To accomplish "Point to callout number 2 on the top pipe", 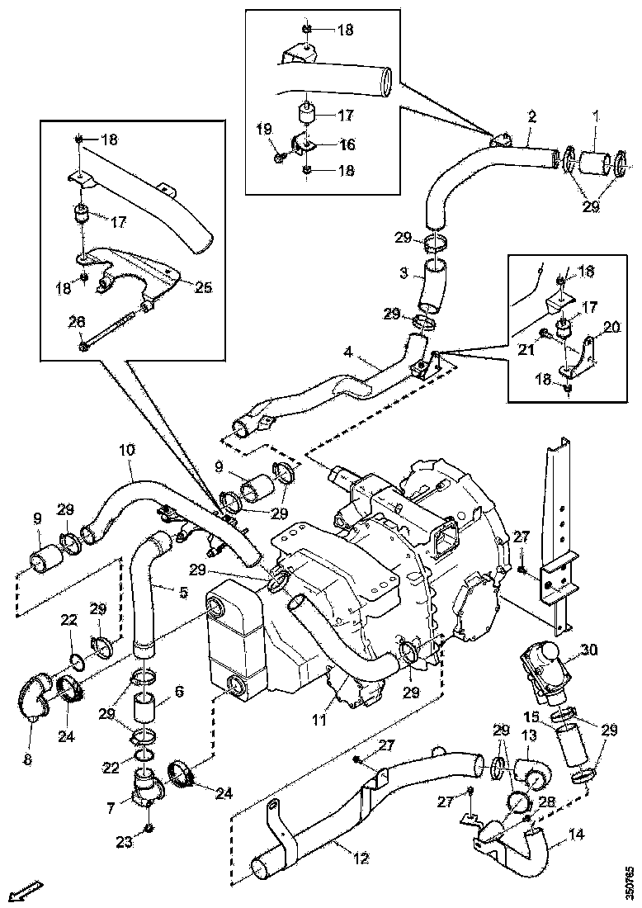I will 532,116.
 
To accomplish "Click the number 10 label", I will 126,452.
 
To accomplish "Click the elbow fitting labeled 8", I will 34,704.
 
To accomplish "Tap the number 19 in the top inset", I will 263,130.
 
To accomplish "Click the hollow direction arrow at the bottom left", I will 28,890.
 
